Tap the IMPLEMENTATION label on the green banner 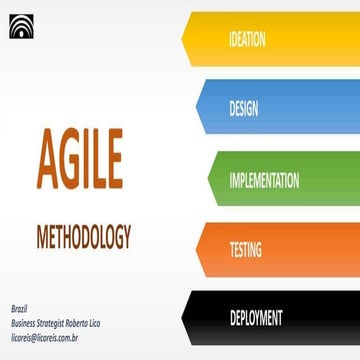pyautogui.click(x=263, y=180)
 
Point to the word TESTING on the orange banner pyautogui.click(x=246, y=248)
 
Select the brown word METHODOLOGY pyautogui.click(x=83, y=239)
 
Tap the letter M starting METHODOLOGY pyautogui.click(x=42, y=239)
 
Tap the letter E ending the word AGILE pyautogui.click(x=140, y=160)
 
